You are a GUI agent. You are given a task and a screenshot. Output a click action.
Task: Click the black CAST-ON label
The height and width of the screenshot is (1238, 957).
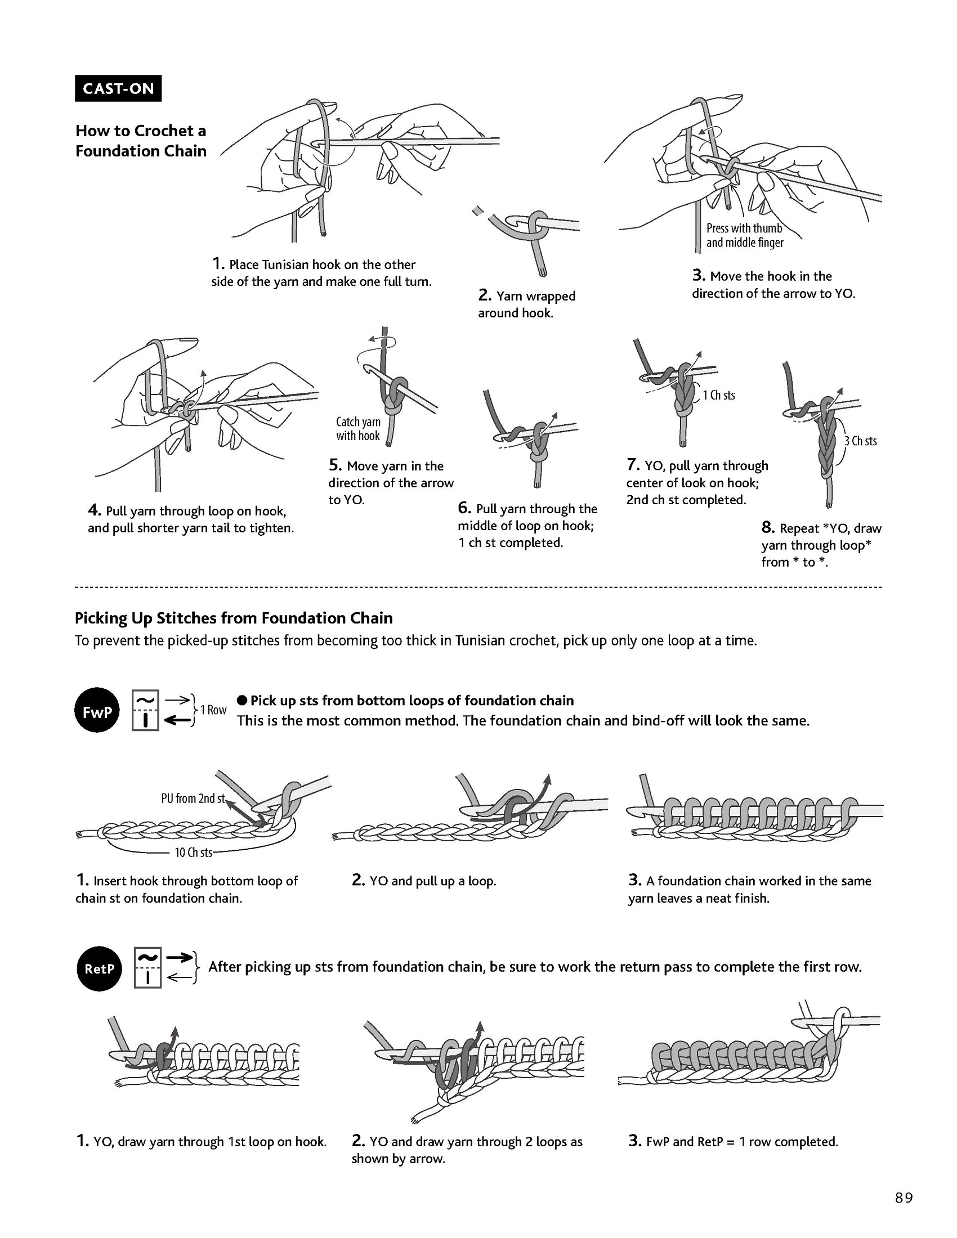tap(118, 88)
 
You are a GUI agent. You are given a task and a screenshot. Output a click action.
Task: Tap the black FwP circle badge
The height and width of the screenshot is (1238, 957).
tap(97, 710)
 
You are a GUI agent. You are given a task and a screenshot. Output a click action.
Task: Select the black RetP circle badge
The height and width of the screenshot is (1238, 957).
tap(99, 969)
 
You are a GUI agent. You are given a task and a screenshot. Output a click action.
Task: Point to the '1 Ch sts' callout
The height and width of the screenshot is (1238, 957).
tap(718, 395)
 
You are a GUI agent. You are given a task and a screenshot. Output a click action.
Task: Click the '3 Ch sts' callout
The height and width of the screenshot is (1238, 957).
tap(860, 441)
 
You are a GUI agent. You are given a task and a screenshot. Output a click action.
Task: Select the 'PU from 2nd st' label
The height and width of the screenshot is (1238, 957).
tap(193, 798)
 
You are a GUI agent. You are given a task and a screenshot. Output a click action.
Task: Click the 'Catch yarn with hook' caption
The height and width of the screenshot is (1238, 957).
tap(358, 429)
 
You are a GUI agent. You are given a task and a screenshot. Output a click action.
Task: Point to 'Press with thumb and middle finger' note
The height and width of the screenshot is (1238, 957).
tap(744, 235)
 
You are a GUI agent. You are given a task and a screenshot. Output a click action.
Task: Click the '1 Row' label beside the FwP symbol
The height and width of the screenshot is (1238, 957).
tap(213, 710)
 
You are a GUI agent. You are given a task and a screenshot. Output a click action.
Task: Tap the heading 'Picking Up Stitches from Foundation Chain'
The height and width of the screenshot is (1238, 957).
tap(234, 618)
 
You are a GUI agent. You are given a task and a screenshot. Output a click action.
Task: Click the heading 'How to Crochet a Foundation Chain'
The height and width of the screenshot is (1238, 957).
tap(141, 141)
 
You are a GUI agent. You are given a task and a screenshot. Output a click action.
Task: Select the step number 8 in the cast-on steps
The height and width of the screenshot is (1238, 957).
tap(768, 528)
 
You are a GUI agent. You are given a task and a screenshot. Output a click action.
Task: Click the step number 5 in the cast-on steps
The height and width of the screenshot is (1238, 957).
tap(334, 465)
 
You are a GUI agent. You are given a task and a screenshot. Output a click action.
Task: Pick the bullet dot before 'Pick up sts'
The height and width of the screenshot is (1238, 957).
tap(242, 700)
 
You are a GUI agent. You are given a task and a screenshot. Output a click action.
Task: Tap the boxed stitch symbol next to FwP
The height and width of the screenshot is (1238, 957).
tap(145, 710)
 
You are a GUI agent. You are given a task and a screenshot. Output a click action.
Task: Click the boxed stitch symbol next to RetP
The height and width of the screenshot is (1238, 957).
tap(148, 968)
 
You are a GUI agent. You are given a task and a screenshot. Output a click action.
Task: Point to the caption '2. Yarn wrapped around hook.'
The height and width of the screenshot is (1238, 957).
tap(526, 304)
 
